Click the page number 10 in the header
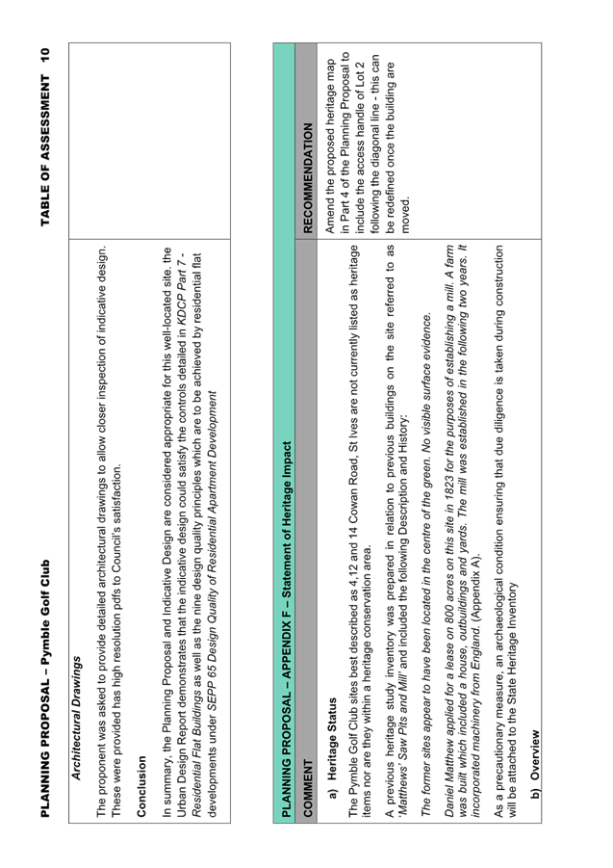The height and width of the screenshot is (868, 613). [x=45, y=55]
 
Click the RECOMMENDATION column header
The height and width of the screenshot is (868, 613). [x=308, y=177]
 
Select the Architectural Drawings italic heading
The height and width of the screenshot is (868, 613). [x=77, y=718]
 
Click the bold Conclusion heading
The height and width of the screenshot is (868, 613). [x=140, y=786]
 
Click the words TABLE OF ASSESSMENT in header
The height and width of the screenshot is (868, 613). [x=45, y=149]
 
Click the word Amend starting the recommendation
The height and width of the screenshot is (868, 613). [x=330, y=216]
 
